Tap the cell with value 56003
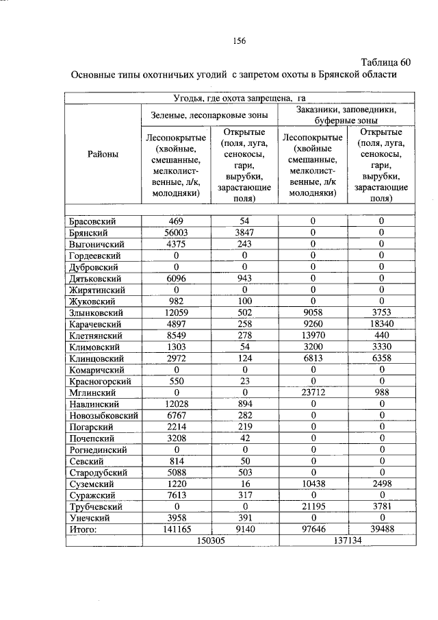[x=176, y=233]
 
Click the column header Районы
[x=103, y=154]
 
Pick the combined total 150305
[x=211, y=541]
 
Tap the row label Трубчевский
[x=95, y=507]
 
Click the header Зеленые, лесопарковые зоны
[x=209, y=116]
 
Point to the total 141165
[x=176, y=530]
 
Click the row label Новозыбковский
[x=103, y=416]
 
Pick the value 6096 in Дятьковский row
[x=176, y=279]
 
